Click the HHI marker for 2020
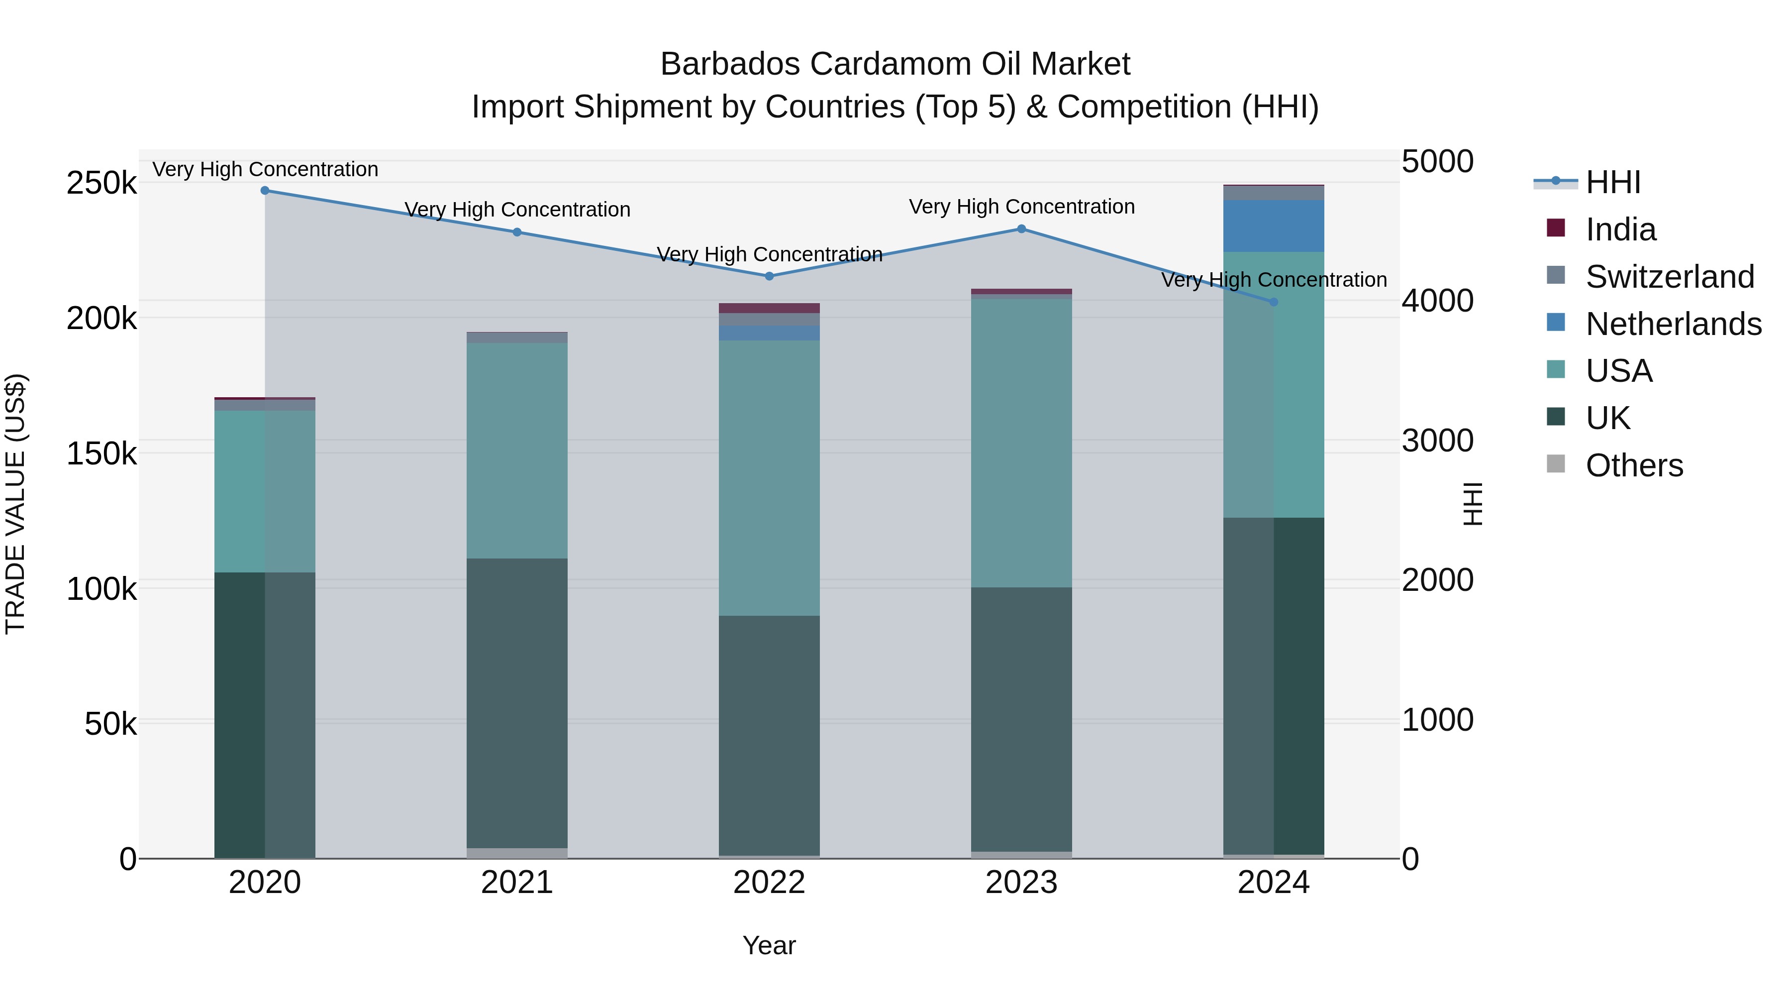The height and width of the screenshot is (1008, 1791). [264, 191]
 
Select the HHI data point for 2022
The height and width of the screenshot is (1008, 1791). [769, 276]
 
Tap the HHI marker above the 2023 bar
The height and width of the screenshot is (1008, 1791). [1021, 229]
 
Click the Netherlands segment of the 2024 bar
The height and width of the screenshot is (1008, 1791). [1274, 226]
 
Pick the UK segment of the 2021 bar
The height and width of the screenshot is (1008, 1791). [516, 702]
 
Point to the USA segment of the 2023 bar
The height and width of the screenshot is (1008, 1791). [1021, 443]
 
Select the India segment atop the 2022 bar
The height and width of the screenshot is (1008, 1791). [769, 308]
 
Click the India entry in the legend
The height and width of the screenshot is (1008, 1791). [1620, 229]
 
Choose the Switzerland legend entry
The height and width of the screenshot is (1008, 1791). [1669, 277]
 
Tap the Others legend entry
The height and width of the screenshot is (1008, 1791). [1633, 465]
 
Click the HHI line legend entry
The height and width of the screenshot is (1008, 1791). [1612, 182]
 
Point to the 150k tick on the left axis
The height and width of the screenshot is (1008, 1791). [101, 454]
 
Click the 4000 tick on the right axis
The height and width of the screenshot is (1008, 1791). [1436, 301]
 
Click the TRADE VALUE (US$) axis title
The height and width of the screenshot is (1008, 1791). [15, 504]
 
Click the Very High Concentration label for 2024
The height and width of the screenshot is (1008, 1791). [1274, 280]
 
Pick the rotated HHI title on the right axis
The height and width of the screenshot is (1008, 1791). [1473, 504]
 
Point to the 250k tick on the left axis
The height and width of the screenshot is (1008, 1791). [101, 184]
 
